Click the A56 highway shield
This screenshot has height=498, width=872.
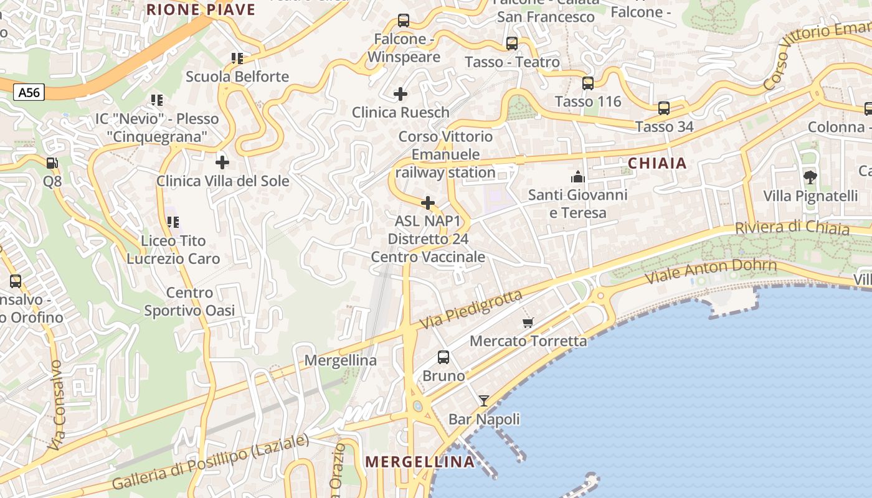pyautogui.click(x=29, y=93)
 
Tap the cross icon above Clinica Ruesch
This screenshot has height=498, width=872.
pyautogui.click(x=400, y=94)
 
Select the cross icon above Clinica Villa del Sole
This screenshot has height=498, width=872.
pyautogui.click(x=222, y=162)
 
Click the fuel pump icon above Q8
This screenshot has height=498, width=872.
pyautogui.click(x=52, y=163)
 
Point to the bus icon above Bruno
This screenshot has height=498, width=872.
pyautogui.click(x=443, y=357)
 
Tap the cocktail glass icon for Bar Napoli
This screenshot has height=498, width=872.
pyautogui.click(x=484, y=400)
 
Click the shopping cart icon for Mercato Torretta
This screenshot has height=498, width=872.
pyautogui.click(x=528, y=322)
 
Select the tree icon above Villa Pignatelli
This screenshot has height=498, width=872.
pyautogui.click(x=810, y=177)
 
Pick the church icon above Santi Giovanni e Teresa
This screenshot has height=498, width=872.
pyautogui.click(x=578, y=177)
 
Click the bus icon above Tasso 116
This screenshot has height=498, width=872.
pyautogui.click(x=588, y=83)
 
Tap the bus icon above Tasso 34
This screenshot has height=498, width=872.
pyautogui.click(x=664, y=108)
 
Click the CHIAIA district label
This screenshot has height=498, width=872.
pyautogui.click(x=657, y=164)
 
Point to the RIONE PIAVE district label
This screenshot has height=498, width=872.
pyautogui.click(x=201, y=9)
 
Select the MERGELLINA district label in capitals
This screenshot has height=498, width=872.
pyautogui.click(x=420, y=462)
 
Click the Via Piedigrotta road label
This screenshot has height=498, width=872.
pyautogui.click(x=471, y=310)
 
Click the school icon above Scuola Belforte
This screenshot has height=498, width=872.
pyautogui.click(x=237, y=59)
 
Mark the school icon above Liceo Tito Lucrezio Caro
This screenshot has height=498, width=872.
pyautogui.click(x=173, y=222)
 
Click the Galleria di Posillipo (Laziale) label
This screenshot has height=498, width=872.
pyautogui.click(x=211, y=462)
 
